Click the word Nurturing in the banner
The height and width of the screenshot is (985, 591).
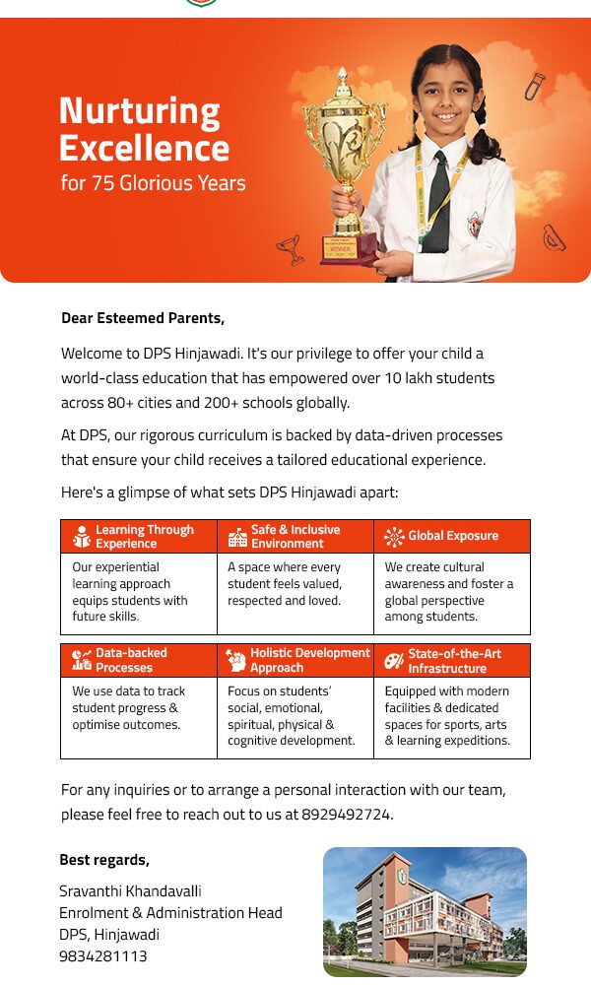click(x=139, y=111)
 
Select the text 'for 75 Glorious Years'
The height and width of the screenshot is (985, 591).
click(x=153, y=183)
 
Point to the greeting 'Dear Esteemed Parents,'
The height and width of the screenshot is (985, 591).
click(x=143, y=318)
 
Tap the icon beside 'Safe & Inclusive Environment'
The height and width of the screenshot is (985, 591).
click(x=237, y=537)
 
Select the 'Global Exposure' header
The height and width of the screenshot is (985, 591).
click(x=452, y=536)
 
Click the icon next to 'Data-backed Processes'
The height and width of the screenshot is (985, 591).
click(x=82, y=660)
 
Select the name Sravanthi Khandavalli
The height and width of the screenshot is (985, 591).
click(x=130, y=890)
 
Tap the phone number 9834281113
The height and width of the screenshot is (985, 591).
click(x=102, y=955)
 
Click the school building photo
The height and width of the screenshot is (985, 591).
click(x=425, y=911)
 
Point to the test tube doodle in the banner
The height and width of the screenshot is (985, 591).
click(x=534, y=86)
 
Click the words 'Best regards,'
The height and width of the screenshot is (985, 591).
click(x=104, y=860)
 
